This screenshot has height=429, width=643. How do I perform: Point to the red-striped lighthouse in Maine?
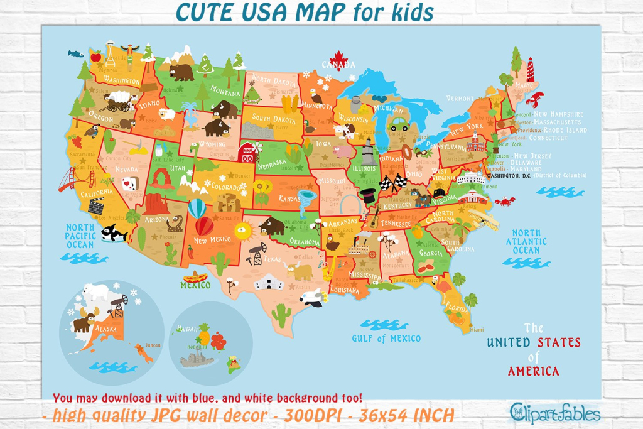[531, 70]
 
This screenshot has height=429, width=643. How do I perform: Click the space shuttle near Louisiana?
[311, 297]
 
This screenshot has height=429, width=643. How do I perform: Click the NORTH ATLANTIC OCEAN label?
[526, 242]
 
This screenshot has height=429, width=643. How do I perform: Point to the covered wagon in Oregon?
[117, 100]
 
